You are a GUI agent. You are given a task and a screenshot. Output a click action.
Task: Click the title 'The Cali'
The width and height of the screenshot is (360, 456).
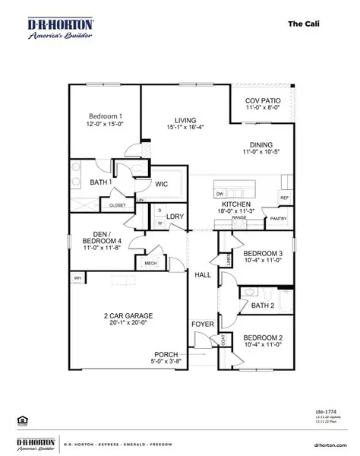point(304,23)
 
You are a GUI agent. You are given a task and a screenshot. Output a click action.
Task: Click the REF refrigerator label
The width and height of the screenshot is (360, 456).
point(284,198)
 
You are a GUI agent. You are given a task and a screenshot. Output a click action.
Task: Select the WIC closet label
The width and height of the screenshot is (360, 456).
point(161,184)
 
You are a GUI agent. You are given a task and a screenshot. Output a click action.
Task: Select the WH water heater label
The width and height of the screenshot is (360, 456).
point(77,278)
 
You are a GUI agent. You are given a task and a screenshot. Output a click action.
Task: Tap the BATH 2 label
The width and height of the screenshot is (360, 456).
point(262,306)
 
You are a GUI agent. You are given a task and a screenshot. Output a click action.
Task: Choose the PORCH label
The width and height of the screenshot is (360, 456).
point(166,354)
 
